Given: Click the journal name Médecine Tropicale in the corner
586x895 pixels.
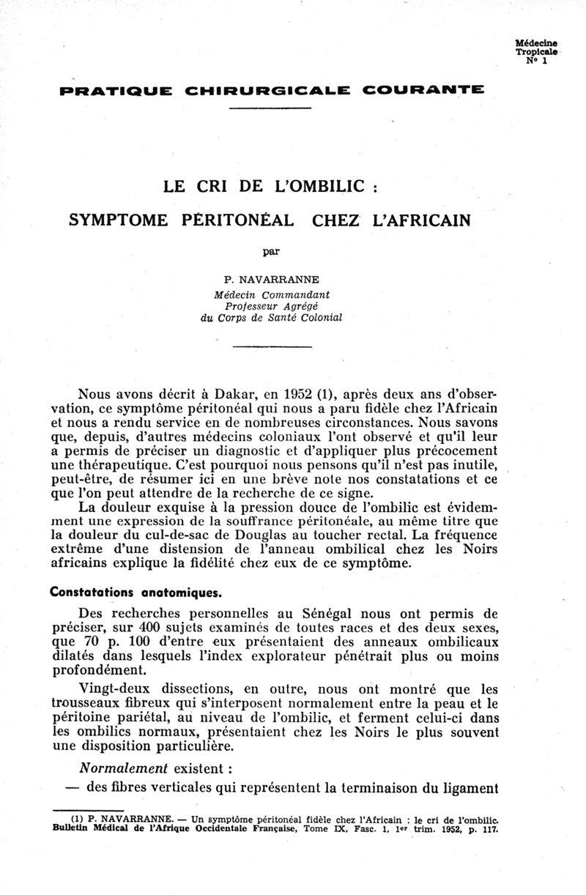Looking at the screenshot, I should coord(536,48).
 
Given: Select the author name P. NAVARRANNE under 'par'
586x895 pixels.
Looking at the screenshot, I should coord(271,280).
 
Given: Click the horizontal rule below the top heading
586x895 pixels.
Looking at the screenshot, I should coord(271,109).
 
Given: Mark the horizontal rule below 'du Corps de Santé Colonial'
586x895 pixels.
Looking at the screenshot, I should coord(271,346).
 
